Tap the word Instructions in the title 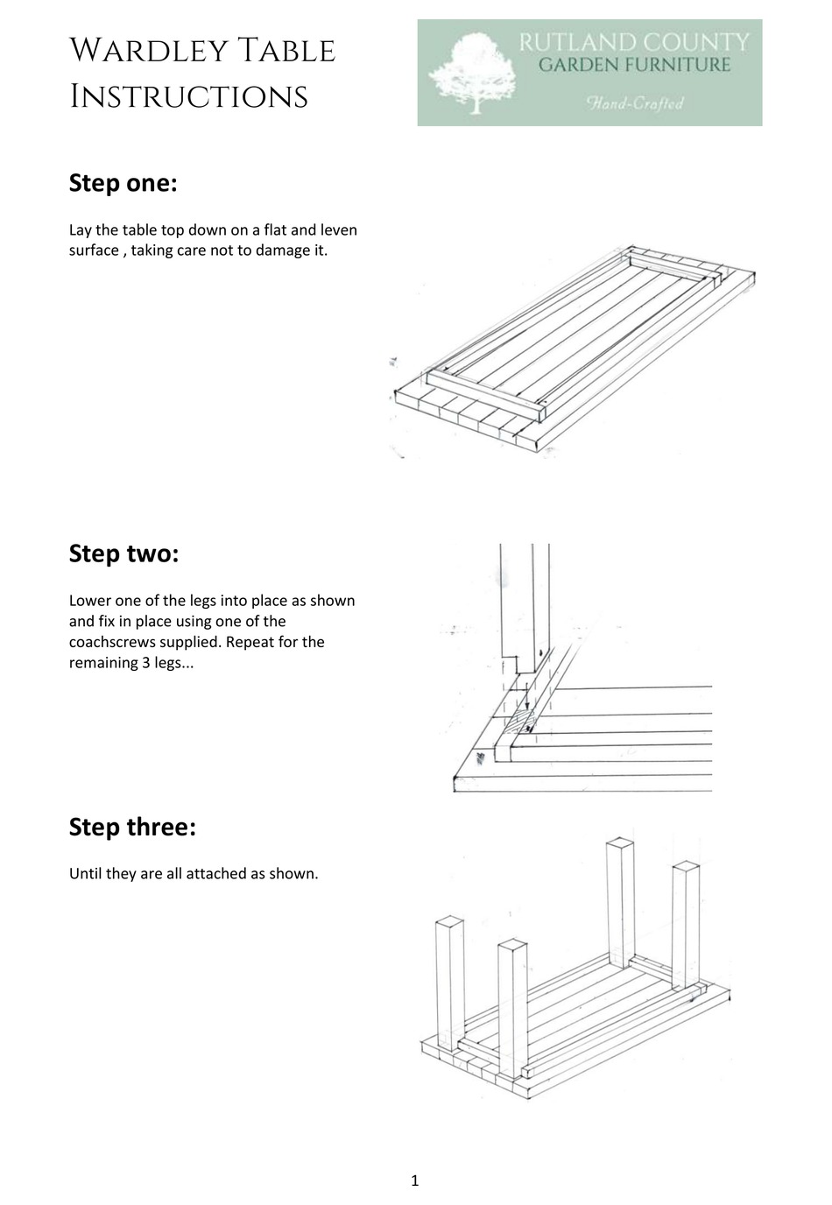point(188,96)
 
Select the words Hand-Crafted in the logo point(635,104)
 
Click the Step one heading point(123,184)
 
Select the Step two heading point(123,553)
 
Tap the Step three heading point(132,827)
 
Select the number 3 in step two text point(139,662)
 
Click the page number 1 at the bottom point(414,1180)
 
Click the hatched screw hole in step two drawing point(523,721)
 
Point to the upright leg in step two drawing point(524,604)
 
